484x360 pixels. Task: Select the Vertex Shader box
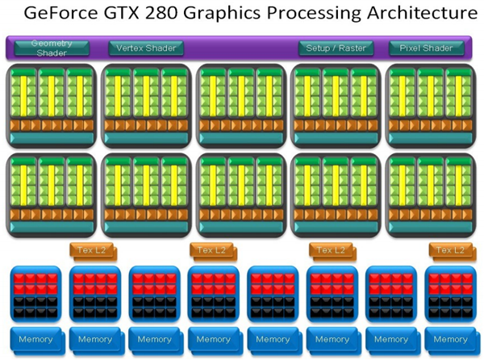(146, 48)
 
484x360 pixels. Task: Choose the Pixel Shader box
(426, 48)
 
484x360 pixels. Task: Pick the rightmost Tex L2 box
(450, 251)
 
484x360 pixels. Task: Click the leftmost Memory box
(35, 340)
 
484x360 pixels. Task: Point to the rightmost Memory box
(450, 340)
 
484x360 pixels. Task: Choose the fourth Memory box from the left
(213, 340)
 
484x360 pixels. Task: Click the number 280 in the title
(192, 15)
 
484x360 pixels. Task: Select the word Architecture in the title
(414, 15)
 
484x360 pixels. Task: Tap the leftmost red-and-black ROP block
(35, 295)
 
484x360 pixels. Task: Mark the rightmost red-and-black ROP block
(450, 295)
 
